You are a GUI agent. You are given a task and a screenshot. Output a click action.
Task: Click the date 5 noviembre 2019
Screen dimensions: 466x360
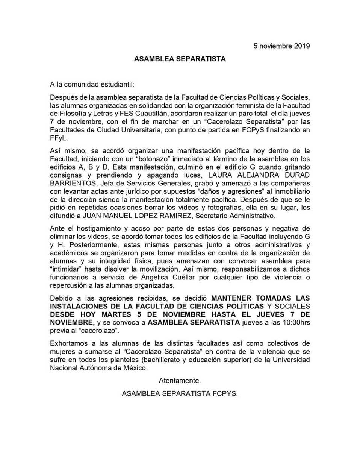[x=281, y=46]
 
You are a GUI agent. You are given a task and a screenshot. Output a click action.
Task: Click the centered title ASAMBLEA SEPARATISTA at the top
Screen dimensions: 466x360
[x=180, y=59]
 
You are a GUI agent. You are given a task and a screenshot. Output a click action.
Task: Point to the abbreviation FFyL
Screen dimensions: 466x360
[x=59, y=138]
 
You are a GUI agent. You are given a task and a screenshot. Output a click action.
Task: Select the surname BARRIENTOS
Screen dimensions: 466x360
[x=73, y=183]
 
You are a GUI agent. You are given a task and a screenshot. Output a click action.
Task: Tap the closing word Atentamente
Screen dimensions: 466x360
[x=180, y=381]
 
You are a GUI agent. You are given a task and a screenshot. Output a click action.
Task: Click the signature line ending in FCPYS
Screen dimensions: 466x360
[x=180, y=393]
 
